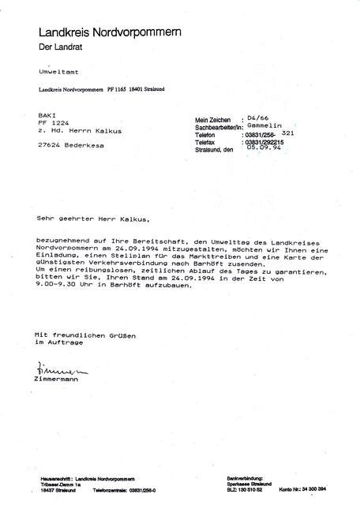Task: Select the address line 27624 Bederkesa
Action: point(66,145)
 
